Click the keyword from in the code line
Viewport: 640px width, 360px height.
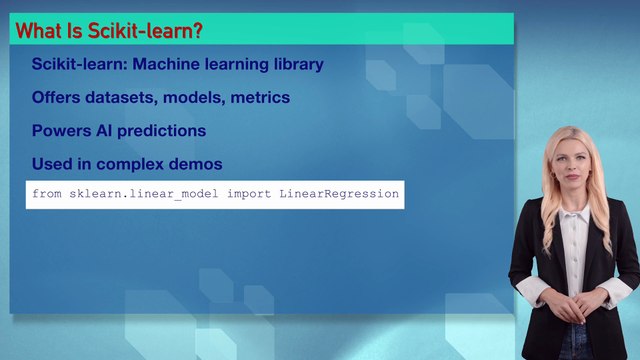[x=48, y=193]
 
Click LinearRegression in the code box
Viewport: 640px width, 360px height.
[x=340, y=193]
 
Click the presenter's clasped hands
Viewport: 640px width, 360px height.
[x=572, y=301]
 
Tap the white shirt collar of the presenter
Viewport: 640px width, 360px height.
[x=573, y=213]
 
